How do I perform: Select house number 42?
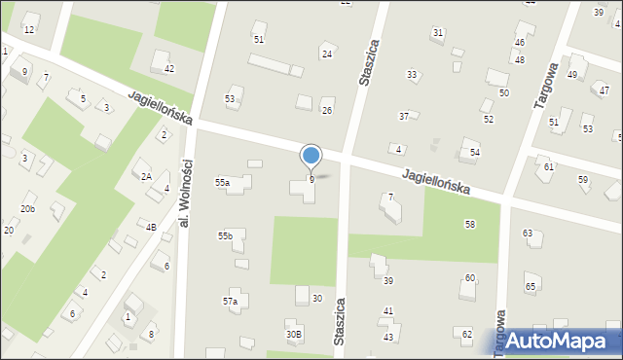[x=168, y=68]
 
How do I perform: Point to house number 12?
[x=29, y=30]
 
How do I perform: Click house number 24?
[x=327, y=54]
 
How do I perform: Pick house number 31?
[x=438, y=33]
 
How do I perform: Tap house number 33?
[x=412, y=75]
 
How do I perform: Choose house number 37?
[x=403, y=117]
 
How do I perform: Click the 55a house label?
[x=223, y=183]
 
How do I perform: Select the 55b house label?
[x=225, y=236]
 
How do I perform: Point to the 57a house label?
[x=230, y=302]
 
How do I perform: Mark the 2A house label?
[x=146, y=177]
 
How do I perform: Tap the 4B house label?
[x=151, y=227]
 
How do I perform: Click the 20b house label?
[x=28, y=209]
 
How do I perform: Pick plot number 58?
[x=470, y=225]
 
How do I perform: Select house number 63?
[x=528, y=234]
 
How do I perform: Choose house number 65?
[x=531, y=287]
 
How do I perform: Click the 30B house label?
[x=293, y=335]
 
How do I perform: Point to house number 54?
[x=475, y=153]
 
